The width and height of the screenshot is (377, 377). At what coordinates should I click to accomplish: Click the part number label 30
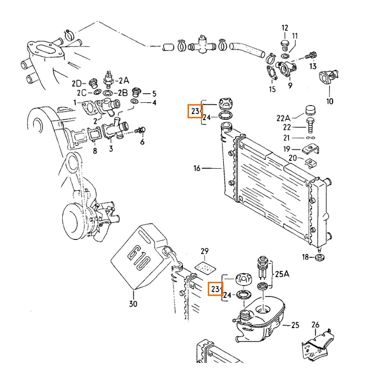coord(133,304)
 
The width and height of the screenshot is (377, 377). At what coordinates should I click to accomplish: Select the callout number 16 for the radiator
coord(197,168)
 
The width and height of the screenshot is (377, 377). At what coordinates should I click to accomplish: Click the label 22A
coord(284,117)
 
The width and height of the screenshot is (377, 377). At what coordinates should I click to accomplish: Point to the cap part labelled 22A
coord(310,110)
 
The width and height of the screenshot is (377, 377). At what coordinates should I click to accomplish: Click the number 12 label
coord(285,28)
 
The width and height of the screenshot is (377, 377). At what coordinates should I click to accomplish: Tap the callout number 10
coord(329,101)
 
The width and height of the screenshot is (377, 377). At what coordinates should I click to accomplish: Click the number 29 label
coord(204,251)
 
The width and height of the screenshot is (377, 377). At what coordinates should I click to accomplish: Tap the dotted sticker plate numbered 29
coord(204,268)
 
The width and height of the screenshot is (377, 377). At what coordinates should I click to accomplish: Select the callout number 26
coord(315,324)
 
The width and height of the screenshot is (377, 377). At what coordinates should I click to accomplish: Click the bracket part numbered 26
coord(316,347)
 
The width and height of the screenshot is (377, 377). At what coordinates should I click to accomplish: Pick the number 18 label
coord(305,257)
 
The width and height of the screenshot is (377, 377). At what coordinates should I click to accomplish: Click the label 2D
coord(76,83)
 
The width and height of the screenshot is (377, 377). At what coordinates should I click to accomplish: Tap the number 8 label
coord(95,151)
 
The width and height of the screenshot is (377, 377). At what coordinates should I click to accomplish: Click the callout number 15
coord(272,90)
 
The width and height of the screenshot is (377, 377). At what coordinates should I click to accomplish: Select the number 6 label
coord(142,142)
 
